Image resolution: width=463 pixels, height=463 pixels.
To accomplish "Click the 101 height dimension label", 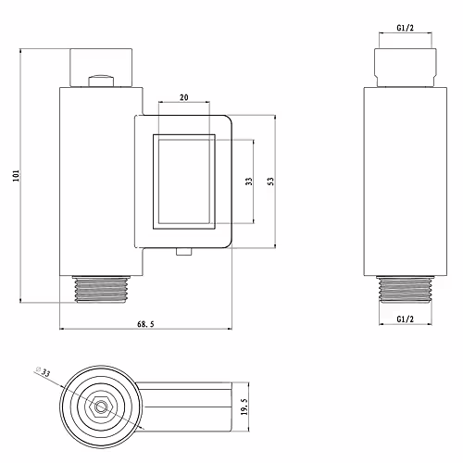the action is click(16, 176).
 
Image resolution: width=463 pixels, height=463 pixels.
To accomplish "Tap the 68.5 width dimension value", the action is click(145, 324).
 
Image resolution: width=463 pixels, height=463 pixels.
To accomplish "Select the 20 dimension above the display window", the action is click(184, 97).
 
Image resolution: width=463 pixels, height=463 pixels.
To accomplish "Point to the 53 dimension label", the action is click(270, 181).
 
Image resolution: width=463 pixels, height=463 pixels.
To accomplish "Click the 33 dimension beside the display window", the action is click(249, 181).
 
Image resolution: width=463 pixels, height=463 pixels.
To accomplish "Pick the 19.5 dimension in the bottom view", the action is click(244, 407).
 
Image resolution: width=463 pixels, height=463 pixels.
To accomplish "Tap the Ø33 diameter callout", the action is click(43, 371).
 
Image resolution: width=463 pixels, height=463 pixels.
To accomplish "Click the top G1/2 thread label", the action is click(406, 28).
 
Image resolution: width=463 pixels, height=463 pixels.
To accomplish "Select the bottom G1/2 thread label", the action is click(406, 319).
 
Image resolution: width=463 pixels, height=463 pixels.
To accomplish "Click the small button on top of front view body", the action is click(101, 81).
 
